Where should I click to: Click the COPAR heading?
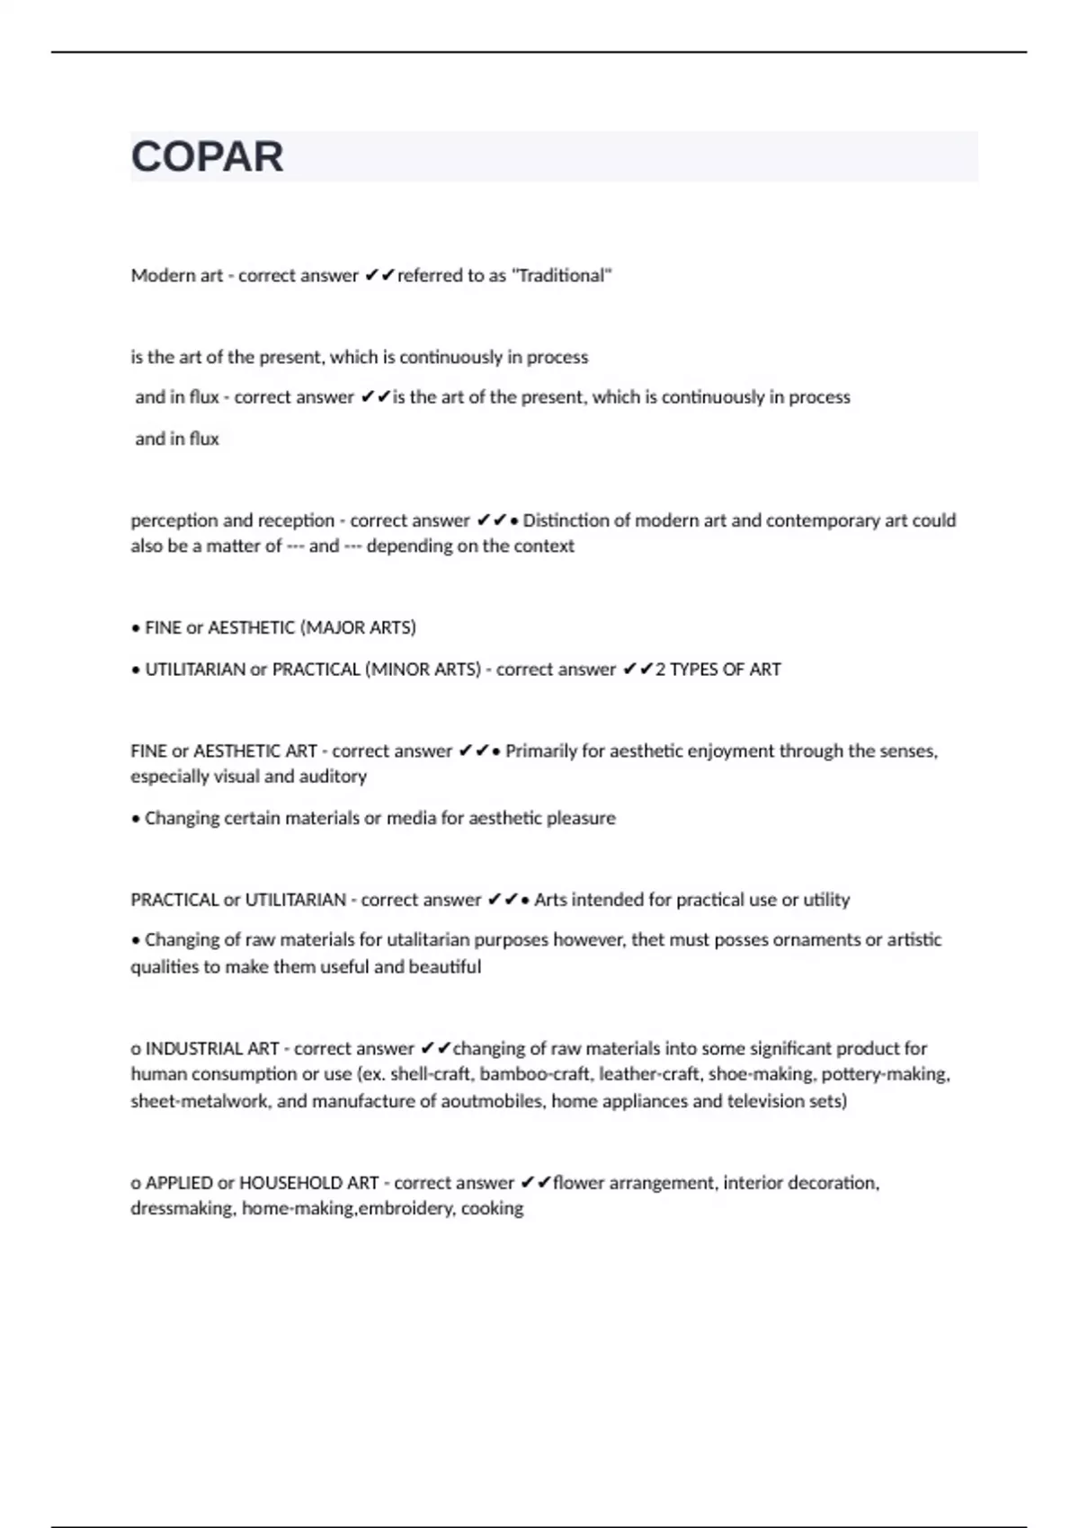[x=207, y=157]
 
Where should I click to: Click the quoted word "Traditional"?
[x=562, y=276]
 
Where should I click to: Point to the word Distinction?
[x=566, y=520]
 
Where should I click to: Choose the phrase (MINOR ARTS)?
[x=423, y=670]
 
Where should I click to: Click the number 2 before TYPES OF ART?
[x=661, y=670]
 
